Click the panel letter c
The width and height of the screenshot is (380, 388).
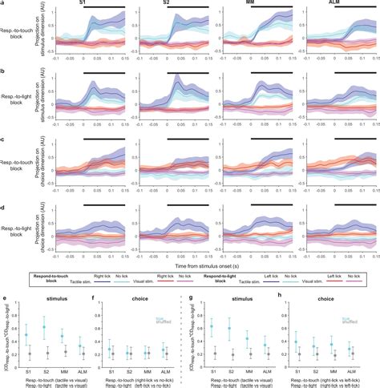point(3,142)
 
